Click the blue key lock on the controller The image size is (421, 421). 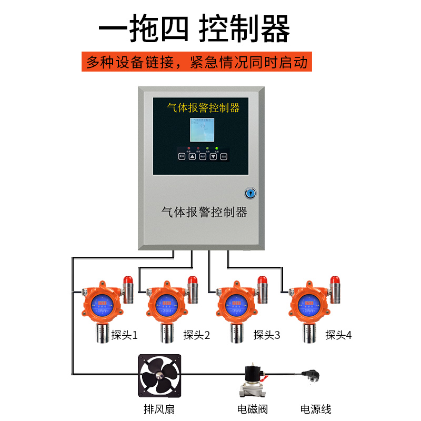tap(250, 193)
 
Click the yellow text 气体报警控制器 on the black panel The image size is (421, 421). tap(203, 108)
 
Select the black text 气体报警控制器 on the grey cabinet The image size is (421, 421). tap(204, 213)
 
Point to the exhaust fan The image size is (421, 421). tap(159, 375)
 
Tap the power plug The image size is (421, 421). tap(313, 375)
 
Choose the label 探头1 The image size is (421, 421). tap(124, 335)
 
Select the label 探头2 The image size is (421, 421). tap(196, 335)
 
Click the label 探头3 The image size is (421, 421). tap(267, 335)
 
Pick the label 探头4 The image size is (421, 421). tap(338, 335)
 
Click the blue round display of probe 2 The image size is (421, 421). tap(168, 303)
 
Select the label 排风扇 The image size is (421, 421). tap(159, 409)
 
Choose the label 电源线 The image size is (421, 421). tap(316, 409)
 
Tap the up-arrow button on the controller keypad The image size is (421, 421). tap(192, 156)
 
